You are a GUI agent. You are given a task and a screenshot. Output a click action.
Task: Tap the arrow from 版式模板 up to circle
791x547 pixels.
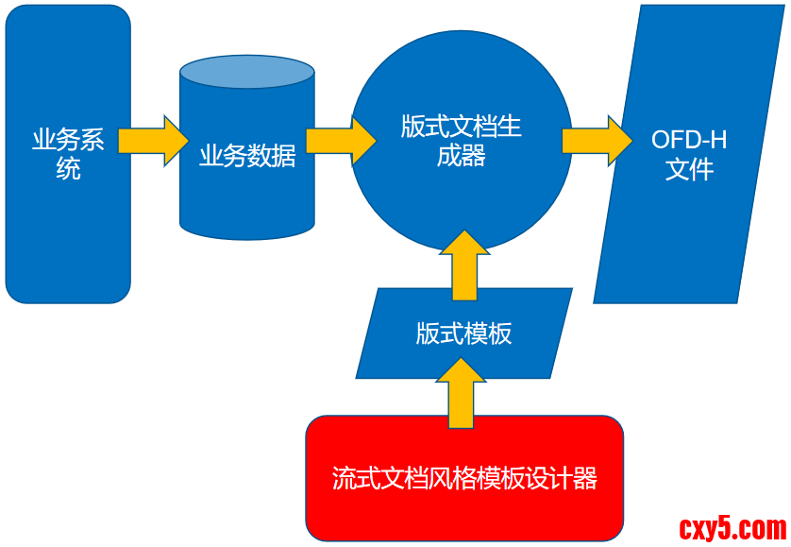click(x=464, y=265)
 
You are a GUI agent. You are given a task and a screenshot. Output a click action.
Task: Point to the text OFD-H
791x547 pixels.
click(x=689, y=141)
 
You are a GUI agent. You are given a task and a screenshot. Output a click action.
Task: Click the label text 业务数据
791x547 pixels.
click(x=247, y=156)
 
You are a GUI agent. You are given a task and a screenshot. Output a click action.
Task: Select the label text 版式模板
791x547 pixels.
click(x=463, y=333)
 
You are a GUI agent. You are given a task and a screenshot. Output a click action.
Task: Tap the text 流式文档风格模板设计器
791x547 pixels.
click(x=464, y=478)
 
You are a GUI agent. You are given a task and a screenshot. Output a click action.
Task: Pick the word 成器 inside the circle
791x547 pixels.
click(x=462, y=156)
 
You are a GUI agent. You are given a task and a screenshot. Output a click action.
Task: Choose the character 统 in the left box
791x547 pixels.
click(x=68, y=170)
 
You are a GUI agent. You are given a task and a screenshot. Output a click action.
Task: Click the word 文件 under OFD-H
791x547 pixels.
click(x=689, y=171)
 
